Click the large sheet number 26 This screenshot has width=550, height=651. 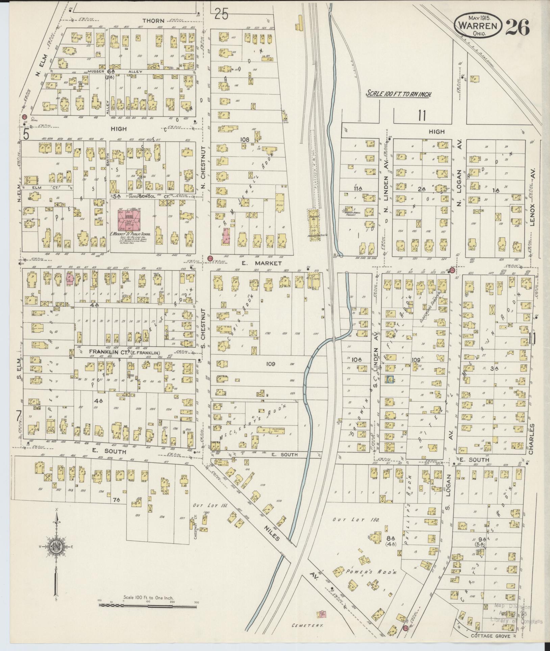point(517,27)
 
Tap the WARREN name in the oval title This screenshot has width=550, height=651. point(478,26)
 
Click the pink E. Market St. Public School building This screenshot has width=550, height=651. point(128,220)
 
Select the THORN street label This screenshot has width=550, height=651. point(153,21)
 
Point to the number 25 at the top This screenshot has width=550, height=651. point(222,15)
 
